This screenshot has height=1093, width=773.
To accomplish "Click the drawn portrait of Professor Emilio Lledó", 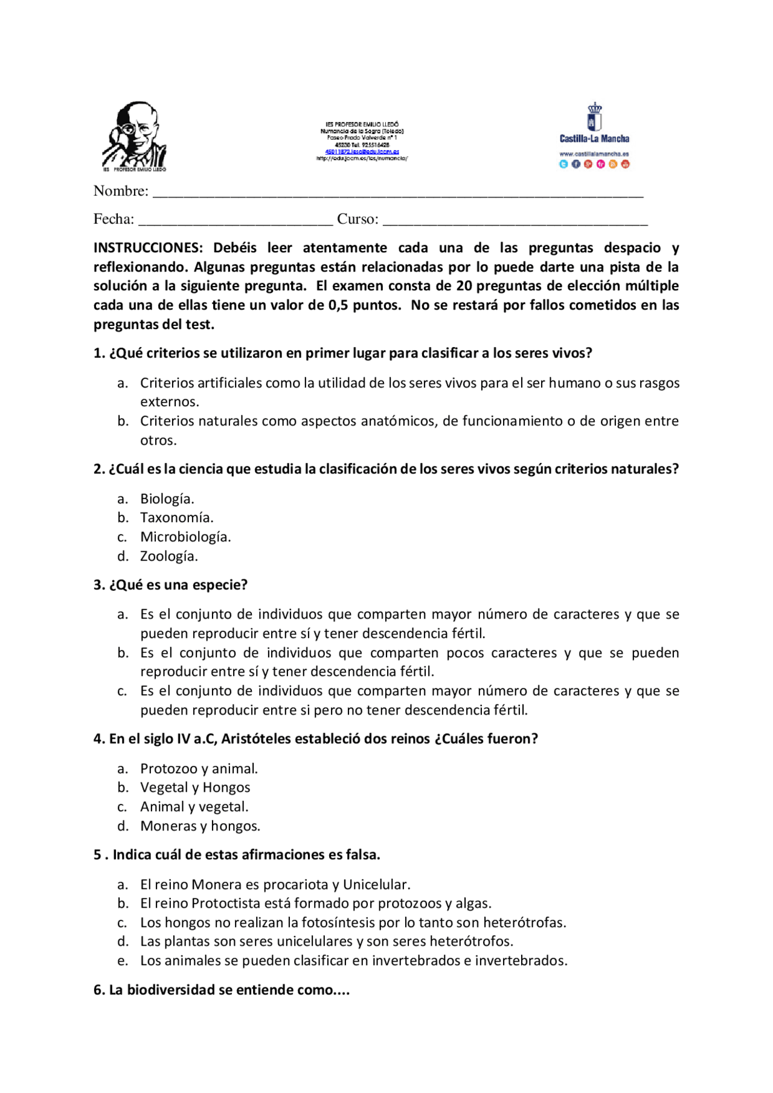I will (x=134, y=135).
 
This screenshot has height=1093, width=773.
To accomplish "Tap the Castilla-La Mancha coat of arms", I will (x=594, y=117).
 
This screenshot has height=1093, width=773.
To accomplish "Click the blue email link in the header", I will (x=362, y=151).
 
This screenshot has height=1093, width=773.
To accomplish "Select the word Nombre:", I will (x=121, y=191).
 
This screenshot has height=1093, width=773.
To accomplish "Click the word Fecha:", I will (x=114, y=219).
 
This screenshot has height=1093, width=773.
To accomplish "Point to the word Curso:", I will (x=358, y=219).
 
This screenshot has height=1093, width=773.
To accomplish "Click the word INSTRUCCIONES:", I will (x=148, y=248).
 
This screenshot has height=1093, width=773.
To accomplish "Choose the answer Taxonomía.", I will (x=176, y=518).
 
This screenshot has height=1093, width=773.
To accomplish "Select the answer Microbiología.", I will (x=185, y=537).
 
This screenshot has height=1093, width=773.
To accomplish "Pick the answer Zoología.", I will (x=169, y=556).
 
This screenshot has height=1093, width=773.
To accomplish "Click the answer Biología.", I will (x=167, y=499).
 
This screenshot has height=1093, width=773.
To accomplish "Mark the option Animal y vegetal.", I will (x=194, y=807).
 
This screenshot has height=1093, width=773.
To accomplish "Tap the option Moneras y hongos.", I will (x=200, y=826).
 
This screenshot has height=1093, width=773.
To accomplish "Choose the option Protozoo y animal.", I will (x=199, y=769).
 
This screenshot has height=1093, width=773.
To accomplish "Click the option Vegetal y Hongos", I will (x=195, y=788).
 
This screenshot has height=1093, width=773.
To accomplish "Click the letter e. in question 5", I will (x=123, y=961).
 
